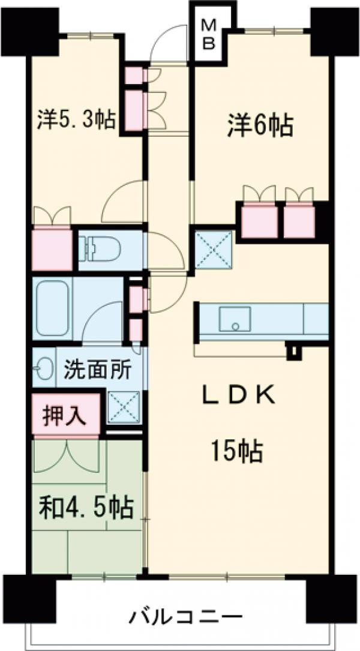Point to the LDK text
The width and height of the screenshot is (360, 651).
click(x=239, y=395)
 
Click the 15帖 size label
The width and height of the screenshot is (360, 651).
click(x=236, y=450)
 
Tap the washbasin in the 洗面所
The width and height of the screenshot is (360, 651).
click(x=41, y=368)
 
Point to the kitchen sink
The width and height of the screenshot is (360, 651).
click(x=235, y=319)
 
